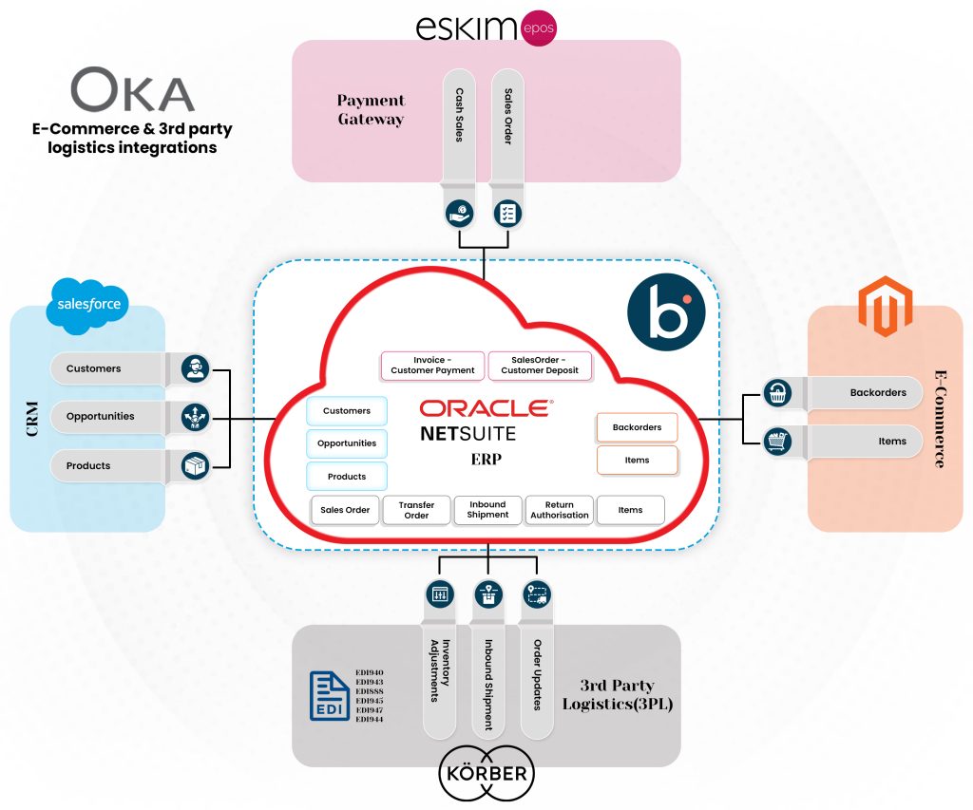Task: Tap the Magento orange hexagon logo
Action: [x=885, y=306]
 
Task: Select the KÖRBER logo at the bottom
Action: [x=486, y=773]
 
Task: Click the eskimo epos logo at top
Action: [x=485, y=27]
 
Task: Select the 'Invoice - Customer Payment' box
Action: [x=432, y=365]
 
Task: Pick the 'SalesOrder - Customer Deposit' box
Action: [x=540, y=365]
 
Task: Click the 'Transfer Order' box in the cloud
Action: [x=416, y=510]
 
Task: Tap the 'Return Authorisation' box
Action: [x=559, y=510]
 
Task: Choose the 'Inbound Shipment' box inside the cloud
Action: [x=487, y=510]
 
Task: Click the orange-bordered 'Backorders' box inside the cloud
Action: [x=637, y=427]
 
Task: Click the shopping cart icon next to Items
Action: [x=778, y=441]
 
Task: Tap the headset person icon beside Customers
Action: [x=195, y=368]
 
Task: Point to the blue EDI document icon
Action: [x=329, y=696]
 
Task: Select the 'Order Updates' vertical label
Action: [x=537, y=675]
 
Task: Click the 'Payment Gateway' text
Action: [x=371, y=110]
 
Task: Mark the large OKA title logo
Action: [x=132, y=91]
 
